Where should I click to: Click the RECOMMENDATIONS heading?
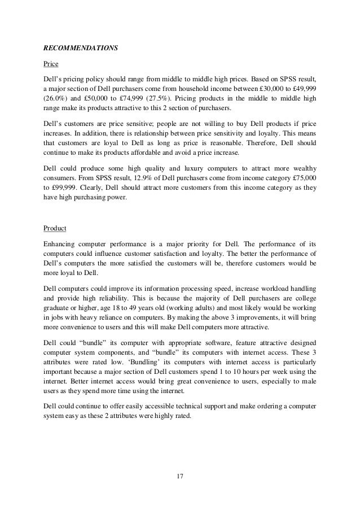coord(81,48)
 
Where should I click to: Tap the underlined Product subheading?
coord(55,229)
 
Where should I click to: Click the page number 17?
coord(180,477)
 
